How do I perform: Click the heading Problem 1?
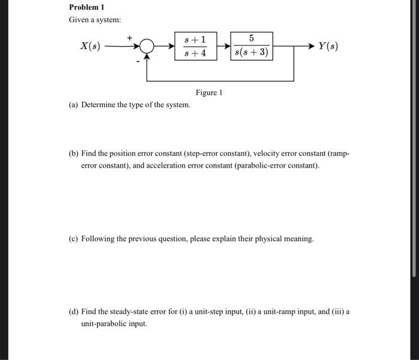pos(87,7)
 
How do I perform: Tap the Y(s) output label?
pos(328,46)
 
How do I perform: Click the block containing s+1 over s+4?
pos(196,46)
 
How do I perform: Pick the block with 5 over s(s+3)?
pos(251,46)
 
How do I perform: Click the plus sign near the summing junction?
pos(130,37)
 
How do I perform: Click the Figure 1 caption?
pos(209,93)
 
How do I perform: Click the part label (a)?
pos(74,105)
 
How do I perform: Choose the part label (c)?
pos(74,238)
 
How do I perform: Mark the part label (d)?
pos(74,312)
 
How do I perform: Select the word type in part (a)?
pos(145,105)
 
